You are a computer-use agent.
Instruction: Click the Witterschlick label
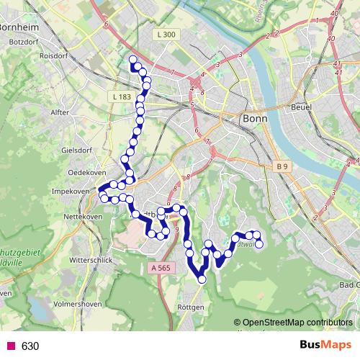pyautogui.click(x=91, y=258)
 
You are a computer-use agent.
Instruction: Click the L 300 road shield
pyautogui.click(x=165, y=34)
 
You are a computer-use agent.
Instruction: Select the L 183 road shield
pyautogui.click(x=122, y=96)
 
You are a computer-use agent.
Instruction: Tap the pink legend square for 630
pyautogui.click(x=11, y=346)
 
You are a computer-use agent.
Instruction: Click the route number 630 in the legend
pyautogui.click(x=30, y=346)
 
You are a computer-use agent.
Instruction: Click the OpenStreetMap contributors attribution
pyautogui.click(x=297, y=323)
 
